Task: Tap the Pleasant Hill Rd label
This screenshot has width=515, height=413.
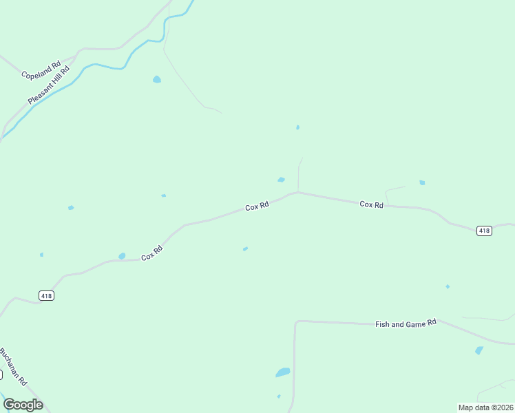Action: point(50,85)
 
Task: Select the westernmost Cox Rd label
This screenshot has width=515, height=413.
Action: point(151,253)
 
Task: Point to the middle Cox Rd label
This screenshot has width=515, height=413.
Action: point(257,206)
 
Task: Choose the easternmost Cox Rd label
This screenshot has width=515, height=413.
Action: point(371,204)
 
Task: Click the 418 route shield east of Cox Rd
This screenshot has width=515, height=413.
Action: point(484,231)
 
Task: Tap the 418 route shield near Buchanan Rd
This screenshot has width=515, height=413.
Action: point(46,295)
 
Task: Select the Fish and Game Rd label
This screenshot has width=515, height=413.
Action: point(406,323)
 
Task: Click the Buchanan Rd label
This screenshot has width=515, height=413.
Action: point(12,366)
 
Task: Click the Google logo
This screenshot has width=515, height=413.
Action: point(23,405)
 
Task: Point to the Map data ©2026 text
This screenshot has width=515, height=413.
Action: point(485,407)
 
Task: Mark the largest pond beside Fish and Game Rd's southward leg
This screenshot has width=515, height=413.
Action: point(282,372)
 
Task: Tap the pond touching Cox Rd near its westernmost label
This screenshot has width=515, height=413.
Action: point(122,256)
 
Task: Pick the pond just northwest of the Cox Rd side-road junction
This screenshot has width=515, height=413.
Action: point(281,180)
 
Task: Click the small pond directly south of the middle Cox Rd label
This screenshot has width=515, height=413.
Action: point(245,248)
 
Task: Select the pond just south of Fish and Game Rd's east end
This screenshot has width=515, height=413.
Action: point(479,350)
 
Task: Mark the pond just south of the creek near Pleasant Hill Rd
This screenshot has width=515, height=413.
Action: point(157,79)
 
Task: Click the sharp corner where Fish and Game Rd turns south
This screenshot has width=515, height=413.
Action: point(295,322)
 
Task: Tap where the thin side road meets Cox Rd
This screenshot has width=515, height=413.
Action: point(297,192)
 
